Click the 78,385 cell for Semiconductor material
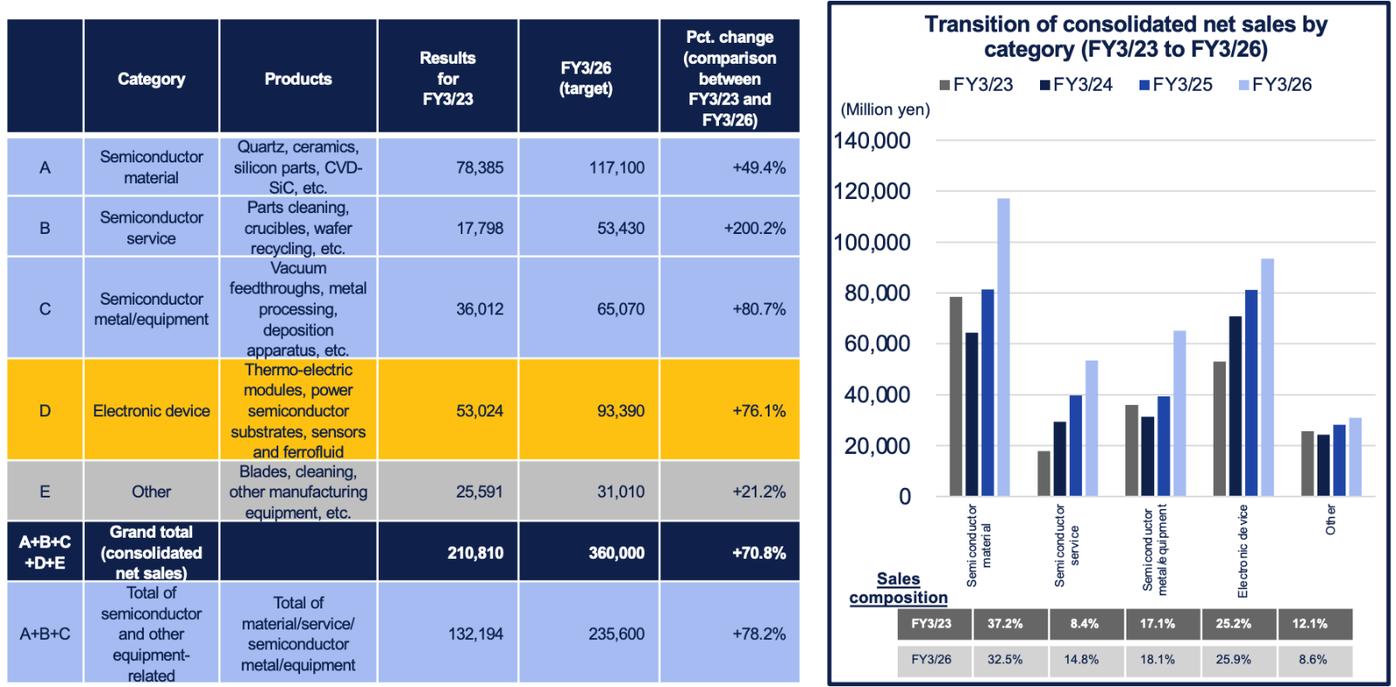[479, 167]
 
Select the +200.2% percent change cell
[754, 228]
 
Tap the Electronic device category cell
[151, 410]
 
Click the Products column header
[298, 79]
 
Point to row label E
[44, 491]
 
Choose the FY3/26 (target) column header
[586, 79]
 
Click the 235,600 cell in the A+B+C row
[616, 634]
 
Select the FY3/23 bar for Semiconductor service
[1044, 473]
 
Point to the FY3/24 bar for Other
[1324, 465]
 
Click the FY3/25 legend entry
[1175, 85]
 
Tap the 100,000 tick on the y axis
[872, 243]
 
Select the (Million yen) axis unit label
[885, 109]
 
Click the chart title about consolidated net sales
[1126, 37]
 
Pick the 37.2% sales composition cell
[1005, 624]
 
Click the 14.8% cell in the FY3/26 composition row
[1081, 660]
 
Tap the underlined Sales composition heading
[899, 588]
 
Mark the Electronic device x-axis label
[1242, 551]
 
